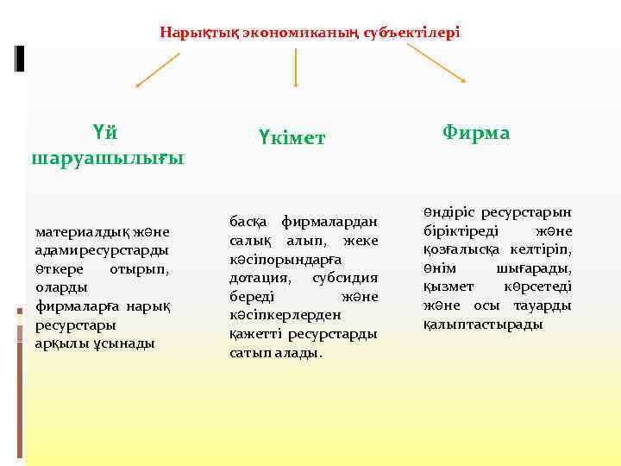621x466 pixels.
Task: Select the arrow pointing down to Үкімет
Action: [296, 67]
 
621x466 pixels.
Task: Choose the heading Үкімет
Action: [291, 137]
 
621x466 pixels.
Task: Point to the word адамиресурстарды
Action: [101, 250]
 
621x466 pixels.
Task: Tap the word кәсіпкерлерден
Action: [284, 315]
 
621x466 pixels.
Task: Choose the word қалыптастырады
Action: [483, 324]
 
